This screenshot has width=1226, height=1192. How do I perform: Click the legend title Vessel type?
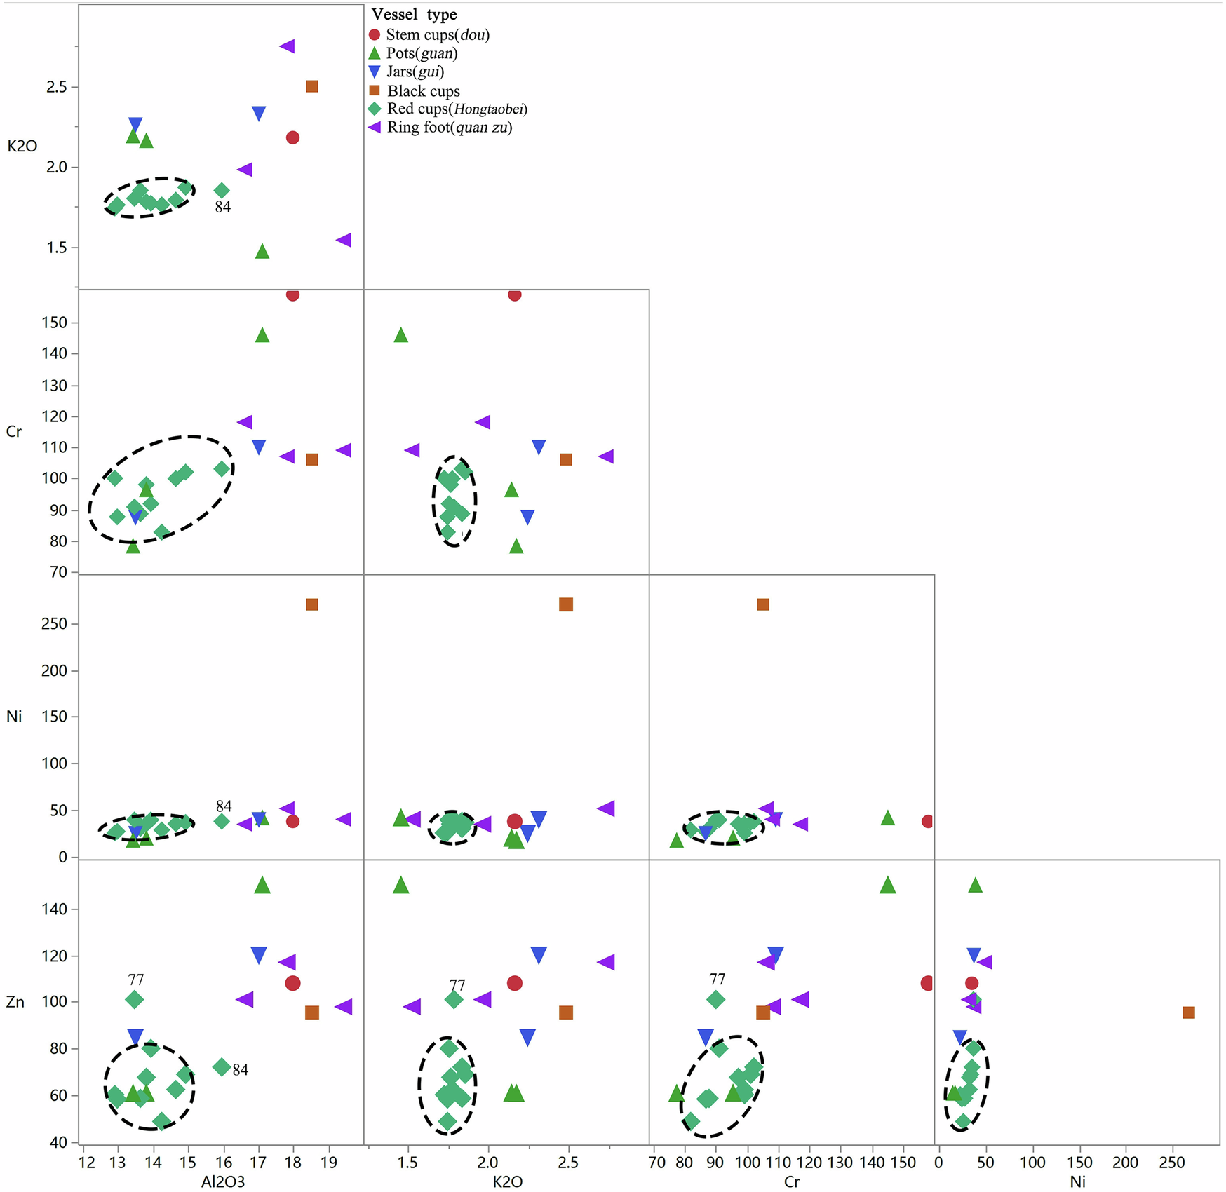pyautogui.click(x=414, y=15)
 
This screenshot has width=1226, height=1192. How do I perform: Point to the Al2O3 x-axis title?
pyautogui.click(x=223, y=1181)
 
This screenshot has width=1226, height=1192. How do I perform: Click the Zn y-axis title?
pyautogui.click(x=15, y=1002)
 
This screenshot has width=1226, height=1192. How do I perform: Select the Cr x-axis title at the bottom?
pyautogui.click(x=791, y=1181)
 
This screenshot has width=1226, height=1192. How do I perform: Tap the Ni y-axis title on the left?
pyautogui.click(x=14, y=717)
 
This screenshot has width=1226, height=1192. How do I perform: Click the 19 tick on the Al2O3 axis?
pyautogui.click(x=328, y=1162)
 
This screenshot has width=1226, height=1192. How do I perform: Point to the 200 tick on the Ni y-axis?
pyautogui.click(x=55, y=671)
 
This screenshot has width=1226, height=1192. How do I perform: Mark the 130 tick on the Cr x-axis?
pyautogui.click(x=840, y=1162)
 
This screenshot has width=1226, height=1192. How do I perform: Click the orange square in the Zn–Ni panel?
pyautogui.click(x=1188, y=1012)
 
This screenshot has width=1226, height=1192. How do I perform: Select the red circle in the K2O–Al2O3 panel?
pyautogui.click(x=292, y=137)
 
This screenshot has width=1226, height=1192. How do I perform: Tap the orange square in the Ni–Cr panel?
pyautogui.click(x=763, y=604)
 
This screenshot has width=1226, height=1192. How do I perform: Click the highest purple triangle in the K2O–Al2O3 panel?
pyautogui.click(x=287, y=46)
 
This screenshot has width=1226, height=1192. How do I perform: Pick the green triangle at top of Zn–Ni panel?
pyautogui.click(x=975, y=885)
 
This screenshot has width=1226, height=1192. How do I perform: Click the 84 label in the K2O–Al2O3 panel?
pyautogui.click(x=223, y=207)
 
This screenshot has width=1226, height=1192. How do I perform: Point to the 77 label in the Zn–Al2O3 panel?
pyautogui.click(x=136, y=980)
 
